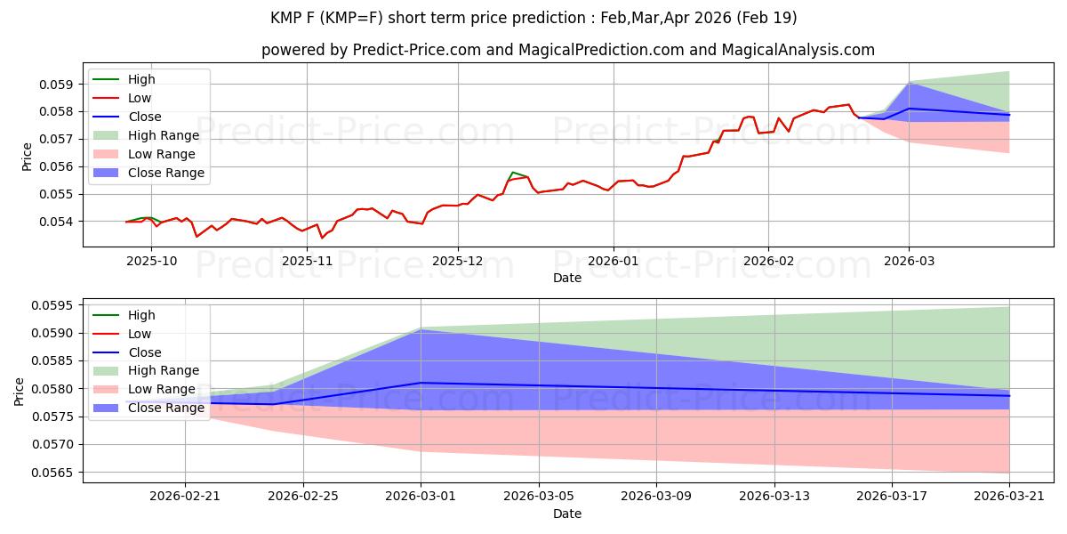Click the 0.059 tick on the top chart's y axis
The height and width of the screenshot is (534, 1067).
[61, 85]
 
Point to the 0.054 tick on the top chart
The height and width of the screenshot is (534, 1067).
[61, 221]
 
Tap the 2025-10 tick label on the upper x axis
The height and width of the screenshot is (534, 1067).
[151, 260]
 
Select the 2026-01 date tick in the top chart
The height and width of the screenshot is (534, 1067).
[614, 260]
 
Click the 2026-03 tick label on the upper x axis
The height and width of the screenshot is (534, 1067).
[909, 260]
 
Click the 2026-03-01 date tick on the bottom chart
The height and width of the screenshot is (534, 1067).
[421, 496]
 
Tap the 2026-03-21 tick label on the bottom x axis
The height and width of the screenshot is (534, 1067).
[1009, 496]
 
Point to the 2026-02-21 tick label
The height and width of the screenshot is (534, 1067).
[185, 496]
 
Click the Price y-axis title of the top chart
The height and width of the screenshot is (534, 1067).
[27, 157]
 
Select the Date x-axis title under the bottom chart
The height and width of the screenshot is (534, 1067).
[567, 514]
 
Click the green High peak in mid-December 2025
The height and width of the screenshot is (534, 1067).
[513, 172]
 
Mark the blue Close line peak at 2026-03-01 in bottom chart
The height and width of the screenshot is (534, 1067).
[421, 383]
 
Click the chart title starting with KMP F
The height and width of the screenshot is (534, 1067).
[533, 18]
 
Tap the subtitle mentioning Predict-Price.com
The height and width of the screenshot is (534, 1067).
[567, 51]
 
